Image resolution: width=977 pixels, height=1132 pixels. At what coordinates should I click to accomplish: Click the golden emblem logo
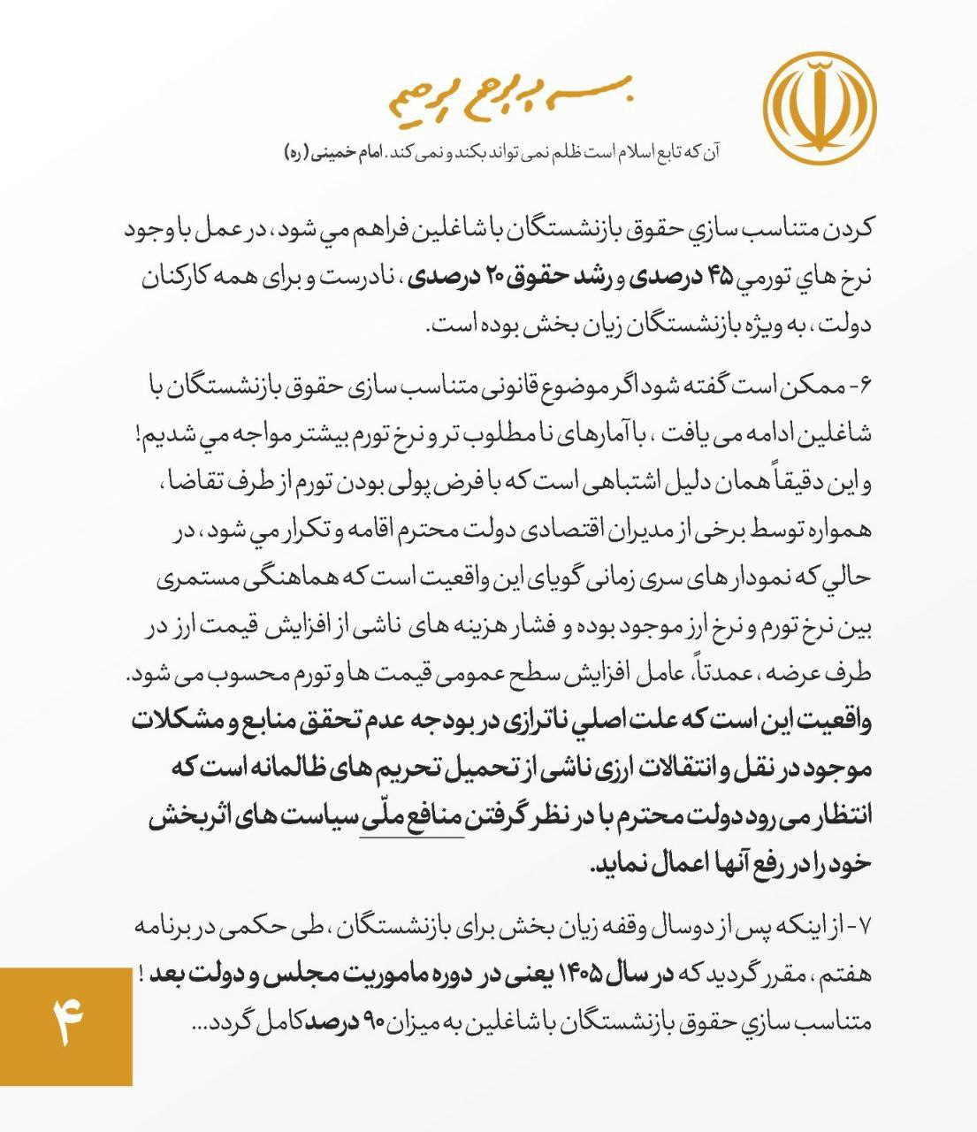[x=820, y=108]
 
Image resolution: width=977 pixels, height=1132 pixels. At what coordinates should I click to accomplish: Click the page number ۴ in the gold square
[x=66, y=1026]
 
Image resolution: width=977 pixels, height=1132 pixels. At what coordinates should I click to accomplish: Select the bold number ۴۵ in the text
[x=721, y=276]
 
